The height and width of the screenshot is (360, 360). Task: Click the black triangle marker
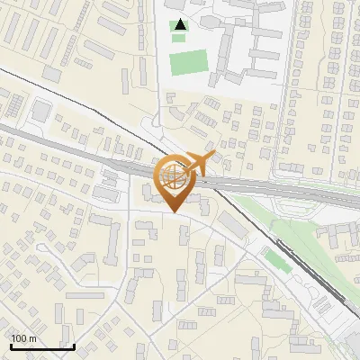[180, 24]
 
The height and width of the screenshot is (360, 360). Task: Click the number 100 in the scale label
[19, 338]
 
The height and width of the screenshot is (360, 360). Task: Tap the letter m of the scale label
[32, 338]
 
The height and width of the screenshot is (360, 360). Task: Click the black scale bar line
[41, 346]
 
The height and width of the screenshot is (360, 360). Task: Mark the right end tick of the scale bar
[74, 345]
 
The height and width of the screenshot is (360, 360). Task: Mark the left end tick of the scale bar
[10, 345]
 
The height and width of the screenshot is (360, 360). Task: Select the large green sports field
[187, 63]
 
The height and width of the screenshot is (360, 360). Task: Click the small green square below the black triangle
[178, 38]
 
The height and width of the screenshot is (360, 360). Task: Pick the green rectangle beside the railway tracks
[275, 259]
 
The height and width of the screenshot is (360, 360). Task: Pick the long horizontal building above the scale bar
[85, 295]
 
